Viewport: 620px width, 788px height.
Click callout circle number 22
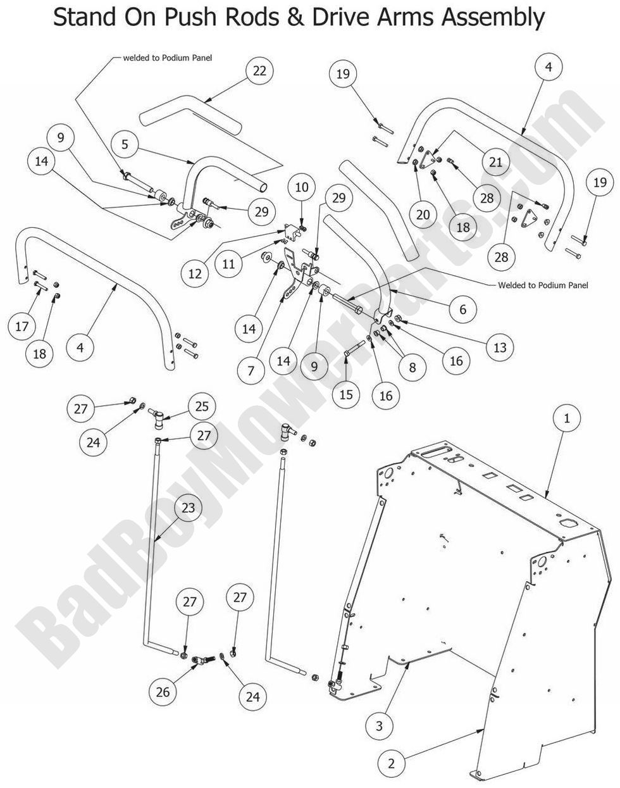tap(259, 71)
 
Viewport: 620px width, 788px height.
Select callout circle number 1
tap(567, 418)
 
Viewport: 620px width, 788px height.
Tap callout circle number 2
tap(379, 726)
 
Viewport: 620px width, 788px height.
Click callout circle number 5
tap(125, 144)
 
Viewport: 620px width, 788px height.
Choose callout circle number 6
tap(463, 309)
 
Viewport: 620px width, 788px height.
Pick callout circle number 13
tap(500, 347)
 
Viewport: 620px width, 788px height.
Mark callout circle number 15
tap(346, 395)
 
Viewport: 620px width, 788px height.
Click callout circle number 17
tap(22, 327)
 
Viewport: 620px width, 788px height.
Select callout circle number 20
tap(423, 215)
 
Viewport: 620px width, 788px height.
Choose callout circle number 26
tap(163, 692)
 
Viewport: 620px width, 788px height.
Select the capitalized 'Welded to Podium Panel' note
tap(543, 285)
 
